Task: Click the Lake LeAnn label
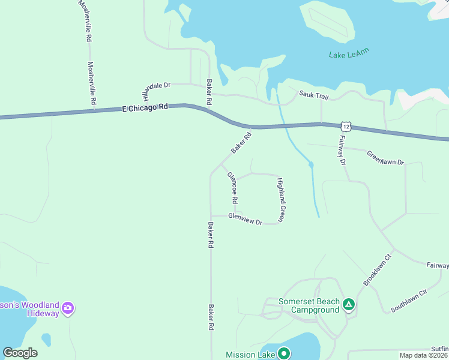(x=349, y=54)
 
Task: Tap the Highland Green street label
(x=281, y=199)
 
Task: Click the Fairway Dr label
(x=342, y=150)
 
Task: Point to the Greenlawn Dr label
(x=385, y=158)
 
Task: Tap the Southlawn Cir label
(x=408, y=299)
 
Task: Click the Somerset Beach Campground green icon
(x=349, y=306)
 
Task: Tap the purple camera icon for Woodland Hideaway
(x=68, y=308)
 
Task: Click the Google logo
(x=20, y=353)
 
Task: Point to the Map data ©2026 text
(x=423, y=355)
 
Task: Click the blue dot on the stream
(x=311, y=164)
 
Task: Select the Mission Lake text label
(x=250, y=355)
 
